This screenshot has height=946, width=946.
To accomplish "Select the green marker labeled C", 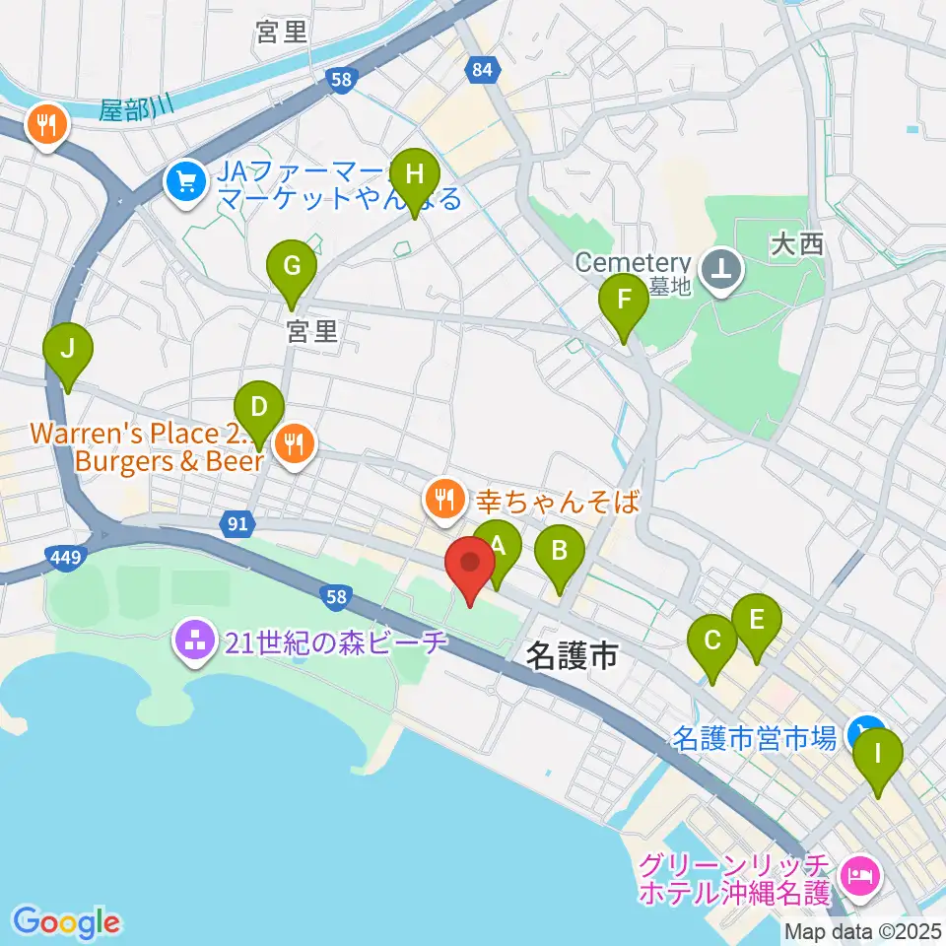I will click(x=711, y=644).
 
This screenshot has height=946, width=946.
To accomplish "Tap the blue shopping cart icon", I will click(x=184, y=180).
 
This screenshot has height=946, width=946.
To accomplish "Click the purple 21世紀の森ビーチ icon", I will click(x=195, y=644).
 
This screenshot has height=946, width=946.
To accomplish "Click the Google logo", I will click(x=67, y=922).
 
